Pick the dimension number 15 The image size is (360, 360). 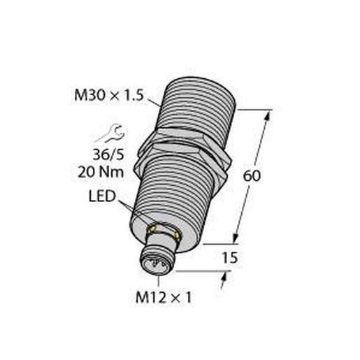point(229,257)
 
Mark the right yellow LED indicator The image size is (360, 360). point(178,236)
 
